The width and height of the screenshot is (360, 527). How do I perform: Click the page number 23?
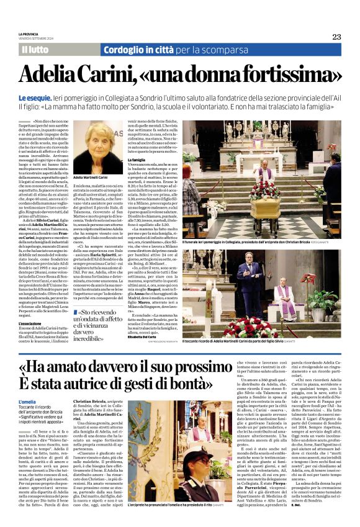(336, 37)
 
